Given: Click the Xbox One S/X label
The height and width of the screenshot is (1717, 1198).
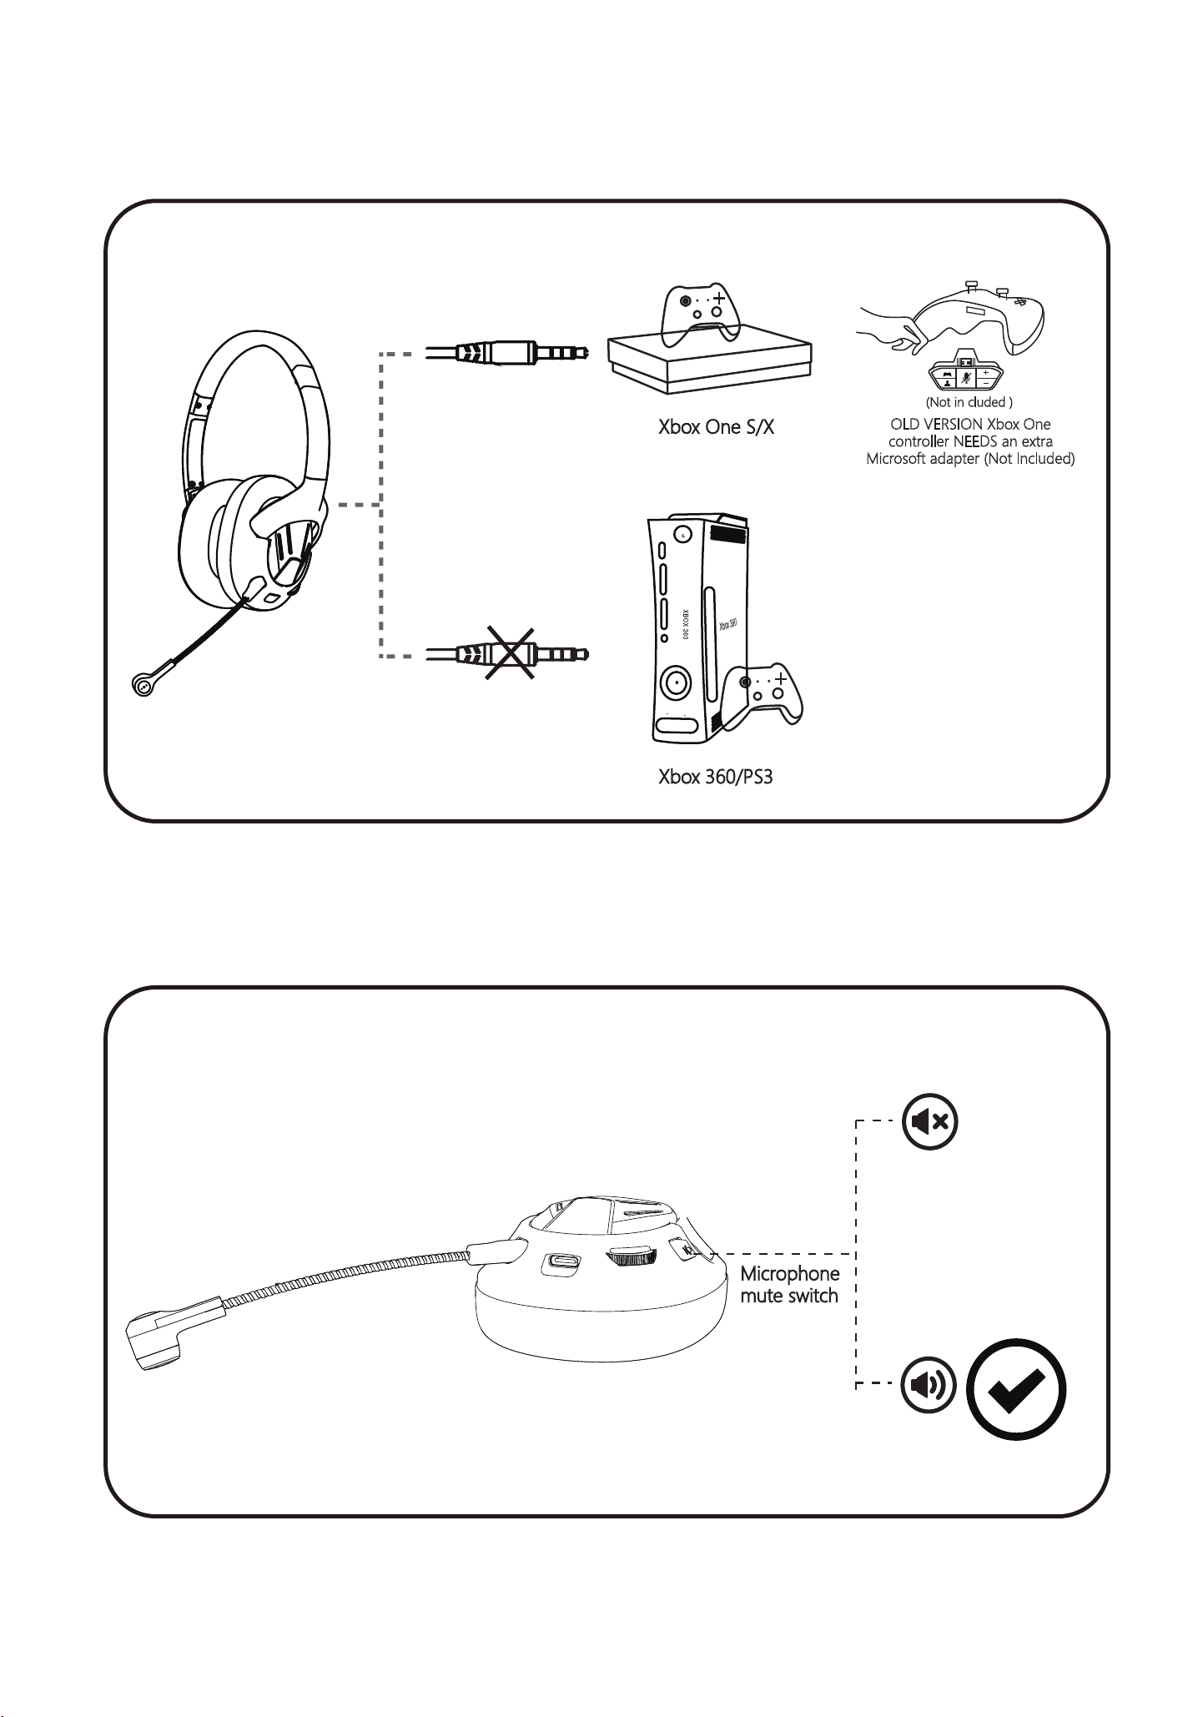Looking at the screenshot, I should pyautogui.click(x=716, y=428).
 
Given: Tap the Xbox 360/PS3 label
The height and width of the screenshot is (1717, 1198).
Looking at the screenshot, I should pyautogui.click(x=715, y=778).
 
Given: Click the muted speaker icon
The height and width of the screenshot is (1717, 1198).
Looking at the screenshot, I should pyautogui.click(x=929, y=1121).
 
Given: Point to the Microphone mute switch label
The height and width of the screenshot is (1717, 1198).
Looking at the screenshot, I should pyautogui.click(x=789, y=1285).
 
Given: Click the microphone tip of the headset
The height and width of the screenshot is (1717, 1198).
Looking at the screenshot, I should pyautogui.click(x=142, y=685).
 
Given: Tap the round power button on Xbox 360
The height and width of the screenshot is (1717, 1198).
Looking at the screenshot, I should pyautogui.click(x=674, y=683).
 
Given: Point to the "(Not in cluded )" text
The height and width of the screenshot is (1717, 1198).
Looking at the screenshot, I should pyautogui.click(x=969, y=402).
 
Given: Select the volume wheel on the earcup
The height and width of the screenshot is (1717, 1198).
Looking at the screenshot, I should pyautogui.click(x=632, y=1260).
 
